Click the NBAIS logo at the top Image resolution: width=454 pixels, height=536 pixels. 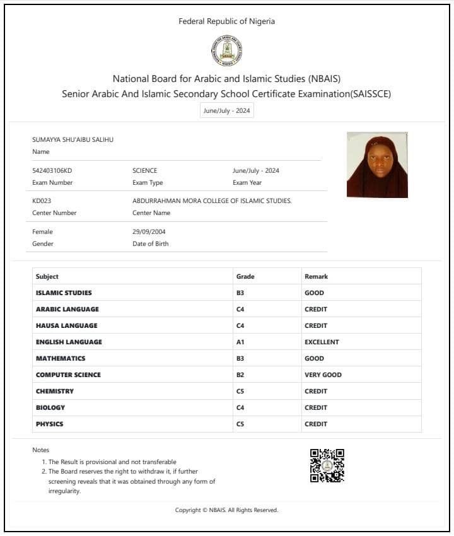[x=226, y=51]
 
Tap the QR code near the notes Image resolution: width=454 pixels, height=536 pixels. [x=327, y=465]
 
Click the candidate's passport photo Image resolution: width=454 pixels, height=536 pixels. [x=377, y=165]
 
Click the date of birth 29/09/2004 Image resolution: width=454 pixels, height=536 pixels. [x=149, y=231]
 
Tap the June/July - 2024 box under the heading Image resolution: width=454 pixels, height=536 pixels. [x=226, y=110]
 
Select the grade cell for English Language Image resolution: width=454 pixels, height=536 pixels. [x=240, y=342]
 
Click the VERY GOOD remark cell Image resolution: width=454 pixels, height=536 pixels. [x=323, y=375]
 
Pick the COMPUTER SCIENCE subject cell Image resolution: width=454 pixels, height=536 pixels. [x=68, y=375]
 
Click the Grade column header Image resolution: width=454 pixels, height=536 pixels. [x=245, y=276]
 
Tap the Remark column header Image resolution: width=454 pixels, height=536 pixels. [x=316, y=276]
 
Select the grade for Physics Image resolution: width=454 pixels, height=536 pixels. [x=240, y=424]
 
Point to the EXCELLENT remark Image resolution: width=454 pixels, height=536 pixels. [x=322, y=342]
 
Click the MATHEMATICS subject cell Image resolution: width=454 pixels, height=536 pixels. [x=61, y=358]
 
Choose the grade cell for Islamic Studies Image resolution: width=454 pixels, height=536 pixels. [x=240, y=293]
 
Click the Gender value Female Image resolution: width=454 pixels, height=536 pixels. [x=42, y=231]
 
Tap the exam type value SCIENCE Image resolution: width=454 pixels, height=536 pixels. [x=144, y=170]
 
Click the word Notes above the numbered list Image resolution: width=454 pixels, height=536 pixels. [x=40, y=450]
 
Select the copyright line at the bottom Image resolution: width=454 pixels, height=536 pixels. [x=226, y=510]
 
